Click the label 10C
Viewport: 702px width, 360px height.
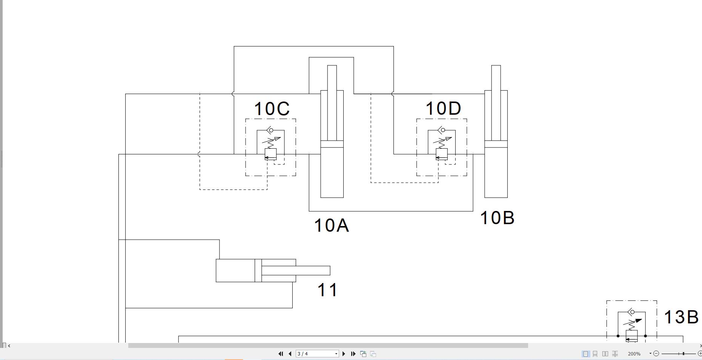coord(272,109)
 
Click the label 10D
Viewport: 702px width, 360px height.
coord(443,109)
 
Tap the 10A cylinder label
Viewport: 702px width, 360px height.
coord(331,226)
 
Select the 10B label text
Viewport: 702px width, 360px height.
coord(497,218)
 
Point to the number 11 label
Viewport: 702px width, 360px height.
coord(327,290)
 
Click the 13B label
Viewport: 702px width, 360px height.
coord(681,317)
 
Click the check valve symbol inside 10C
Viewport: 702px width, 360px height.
coord(270,130)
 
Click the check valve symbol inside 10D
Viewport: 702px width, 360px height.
coord(442,130)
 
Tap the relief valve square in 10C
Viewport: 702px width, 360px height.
coord(270,154)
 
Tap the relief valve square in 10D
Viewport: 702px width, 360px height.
coord(442,154)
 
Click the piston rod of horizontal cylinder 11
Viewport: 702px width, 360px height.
coord(302,271)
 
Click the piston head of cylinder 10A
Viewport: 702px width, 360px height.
coord(332,144)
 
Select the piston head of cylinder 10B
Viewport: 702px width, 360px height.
coord(496,144)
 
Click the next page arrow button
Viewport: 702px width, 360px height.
coord(344,354)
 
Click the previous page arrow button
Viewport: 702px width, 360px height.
coord(290,354)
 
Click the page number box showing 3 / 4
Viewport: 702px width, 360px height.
coord(316,354)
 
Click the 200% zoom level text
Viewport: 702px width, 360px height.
coord(634,354)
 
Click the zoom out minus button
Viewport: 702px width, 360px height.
coord(656,354)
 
